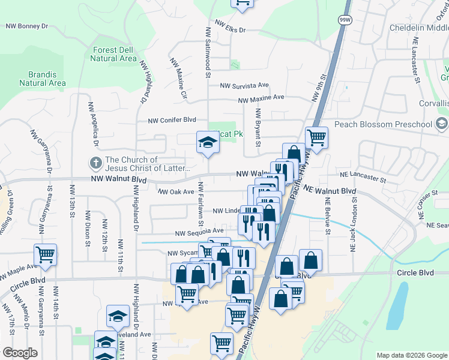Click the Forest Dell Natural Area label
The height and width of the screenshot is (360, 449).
tap(113, 54)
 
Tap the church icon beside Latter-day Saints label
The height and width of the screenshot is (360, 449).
tap(95, 162)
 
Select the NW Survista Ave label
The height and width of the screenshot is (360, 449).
tap(244, 86)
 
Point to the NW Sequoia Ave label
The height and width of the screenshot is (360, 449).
tap(199, 232)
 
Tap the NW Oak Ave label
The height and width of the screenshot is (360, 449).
tap(176, 192)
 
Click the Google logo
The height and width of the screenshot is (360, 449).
tap(20, 353)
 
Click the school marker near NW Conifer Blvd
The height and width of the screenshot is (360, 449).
tap(207, 142)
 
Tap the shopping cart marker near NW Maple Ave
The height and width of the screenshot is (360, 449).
tap(46, 255)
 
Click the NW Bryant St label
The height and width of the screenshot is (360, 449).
tap(258, 127)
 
